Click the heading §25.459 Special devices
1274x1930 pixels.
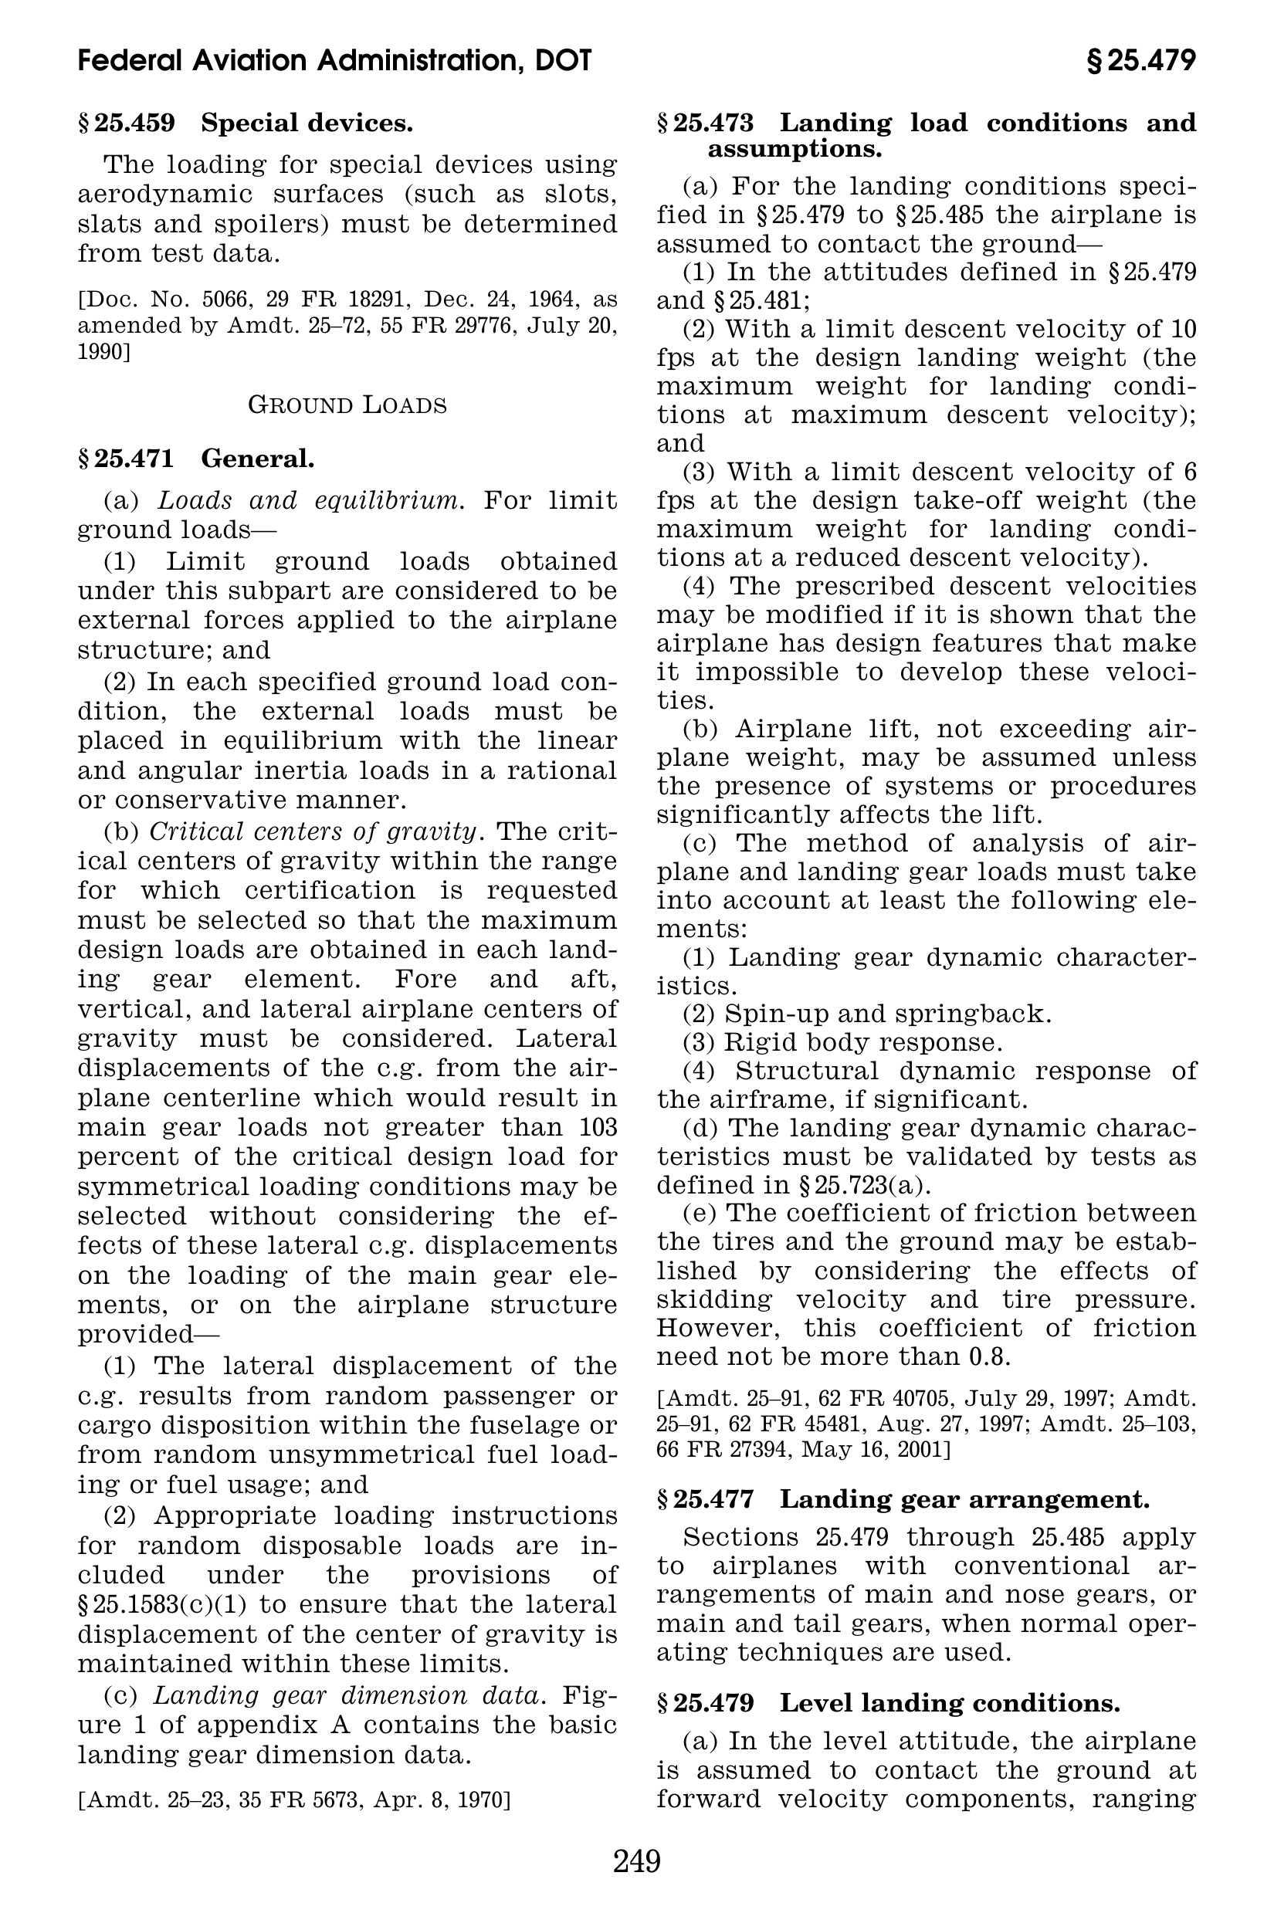pyautogui.click(x=246, y=124)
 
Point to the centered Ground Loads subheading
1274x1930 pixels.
pyautogui.click(x=347, y=405)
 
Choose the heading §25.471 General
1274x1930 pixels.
pyautogui.click(x=196, y=459)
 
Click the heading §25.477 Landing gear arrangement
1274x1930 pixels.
pyautogui.click(x=903, y=1498)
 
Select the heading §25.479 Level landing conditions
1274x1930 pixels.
pyautogui.click(x=888, y=1702)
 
